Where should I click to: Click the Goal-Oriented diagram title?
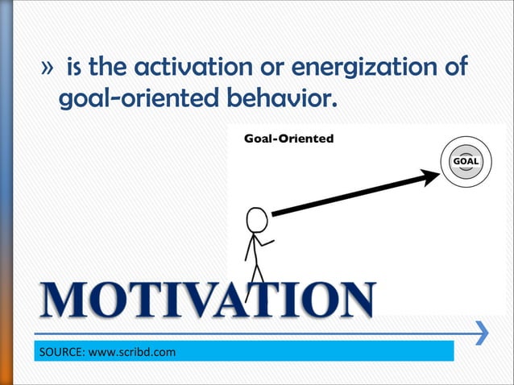pyautogui.click(x=288, y=139)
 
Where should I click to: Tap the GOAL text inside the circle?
pyautogui.click(x=466, y=161)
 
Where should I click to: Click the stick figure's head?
pyautogui.click(x=256, y=220)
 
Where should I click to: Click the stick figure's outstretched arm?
pyautogui.click(x=266, y=241)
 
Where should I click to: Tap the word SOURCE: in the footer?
pyautogui.click(x=60, y=352)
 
